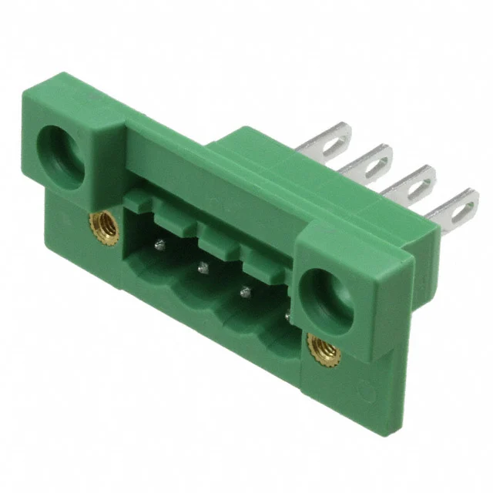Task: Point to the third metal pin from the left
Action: click(x=246, y=291)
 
